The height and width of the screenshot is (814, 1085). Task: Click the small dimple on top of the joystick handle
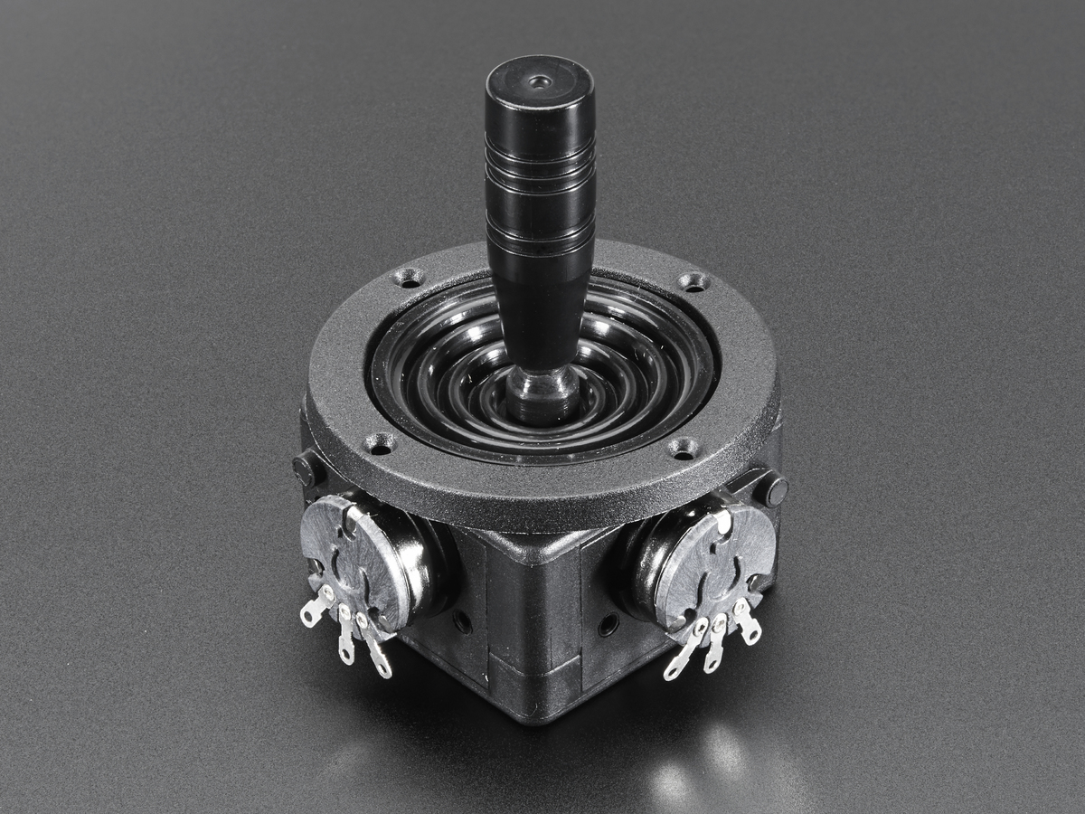[540, 81]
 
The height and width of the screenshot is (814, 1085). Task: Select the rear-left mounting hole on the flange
[409, 277]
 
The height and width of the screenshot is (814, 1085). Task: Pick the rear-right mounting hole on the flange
[693, 281]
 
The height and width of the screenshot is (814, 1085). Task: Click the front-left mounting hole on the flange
[380, 444]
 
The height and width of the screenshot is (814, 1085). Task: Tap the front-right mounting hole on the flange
[683, 448]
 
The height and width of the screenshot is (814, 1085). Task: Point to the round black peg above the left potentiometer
[307, 469]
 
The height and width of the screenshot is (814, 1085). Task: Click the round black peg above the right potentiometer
[771, 489]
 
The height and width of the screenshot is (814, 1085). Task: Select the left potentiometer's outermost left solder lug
[316, 608]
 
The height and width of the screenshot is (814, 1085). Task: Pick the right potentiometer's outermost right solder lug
[748, 625]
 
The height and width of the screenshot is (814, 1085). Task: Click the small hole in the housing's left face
[462, 621]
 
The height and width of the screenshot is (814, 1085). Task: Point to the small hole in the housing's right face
[609, 623]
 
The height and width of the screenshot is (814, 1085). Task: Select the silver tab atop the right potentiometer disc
[723, 520]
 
